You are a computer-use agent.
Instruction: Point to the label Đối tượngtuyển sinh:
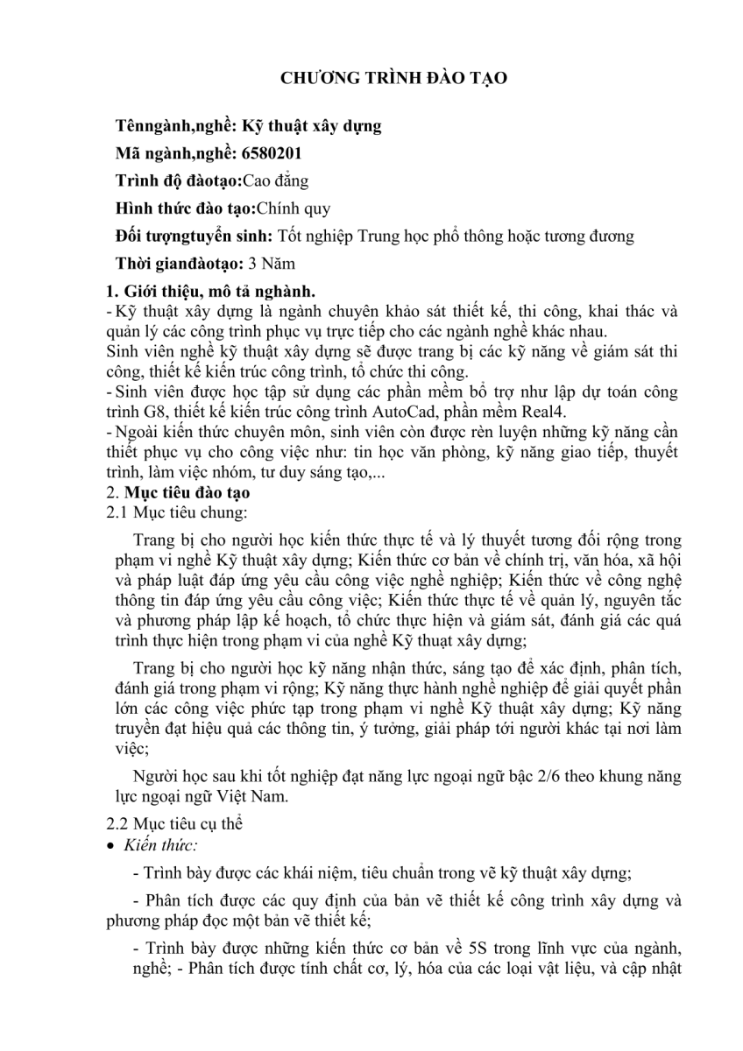point(195,236)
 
